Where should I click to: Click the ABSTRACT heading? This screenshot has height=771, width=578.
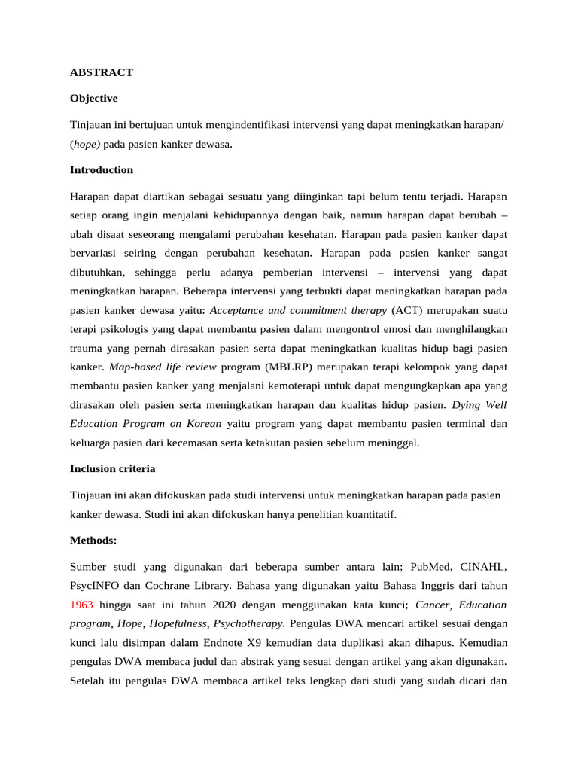point(102,72)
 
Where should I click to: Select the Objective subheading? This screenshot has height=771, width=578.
point(93,98)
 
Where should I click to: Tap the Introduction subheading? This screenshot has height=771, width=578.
point(102,169)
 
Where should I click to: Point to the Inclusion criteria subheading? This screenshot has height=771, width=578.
point(112,468)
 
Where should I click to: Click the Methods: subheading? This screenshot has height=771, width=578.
point(94,540)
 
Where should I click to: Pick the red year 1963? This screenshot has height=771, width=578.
point(81,605)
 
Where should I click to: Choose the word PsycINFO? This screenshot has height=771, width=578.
point(97,585)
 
